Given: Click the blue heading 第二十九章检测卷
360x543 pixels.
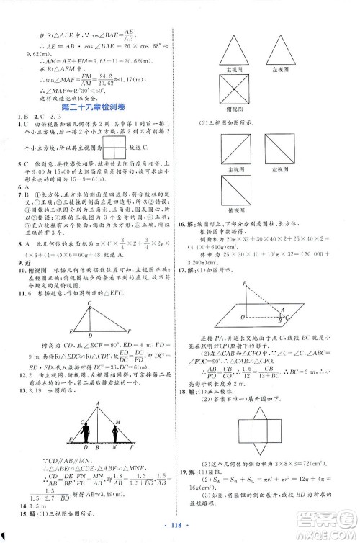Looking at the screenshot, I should (93, 107).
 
